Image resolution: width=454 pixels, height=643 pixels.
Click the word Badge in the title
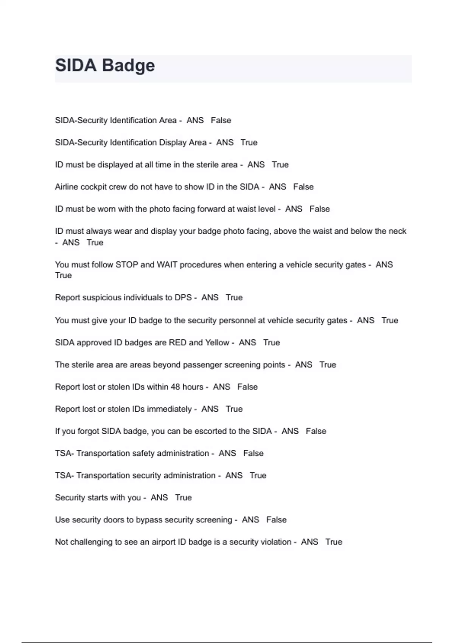pos(128,65)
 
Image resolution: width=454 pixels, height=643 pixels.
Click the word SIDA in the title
pos(76,65)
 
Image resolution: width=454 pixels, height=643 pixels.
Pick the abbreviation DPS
pos(183,298)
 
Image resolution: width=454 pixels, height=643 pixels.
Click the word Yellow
pos(217,343)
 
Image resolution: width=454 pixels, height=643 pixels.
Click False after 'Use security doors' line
pos(276,520)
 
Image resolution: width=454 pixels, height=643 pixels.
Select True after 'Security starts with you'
pos(183,498)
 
